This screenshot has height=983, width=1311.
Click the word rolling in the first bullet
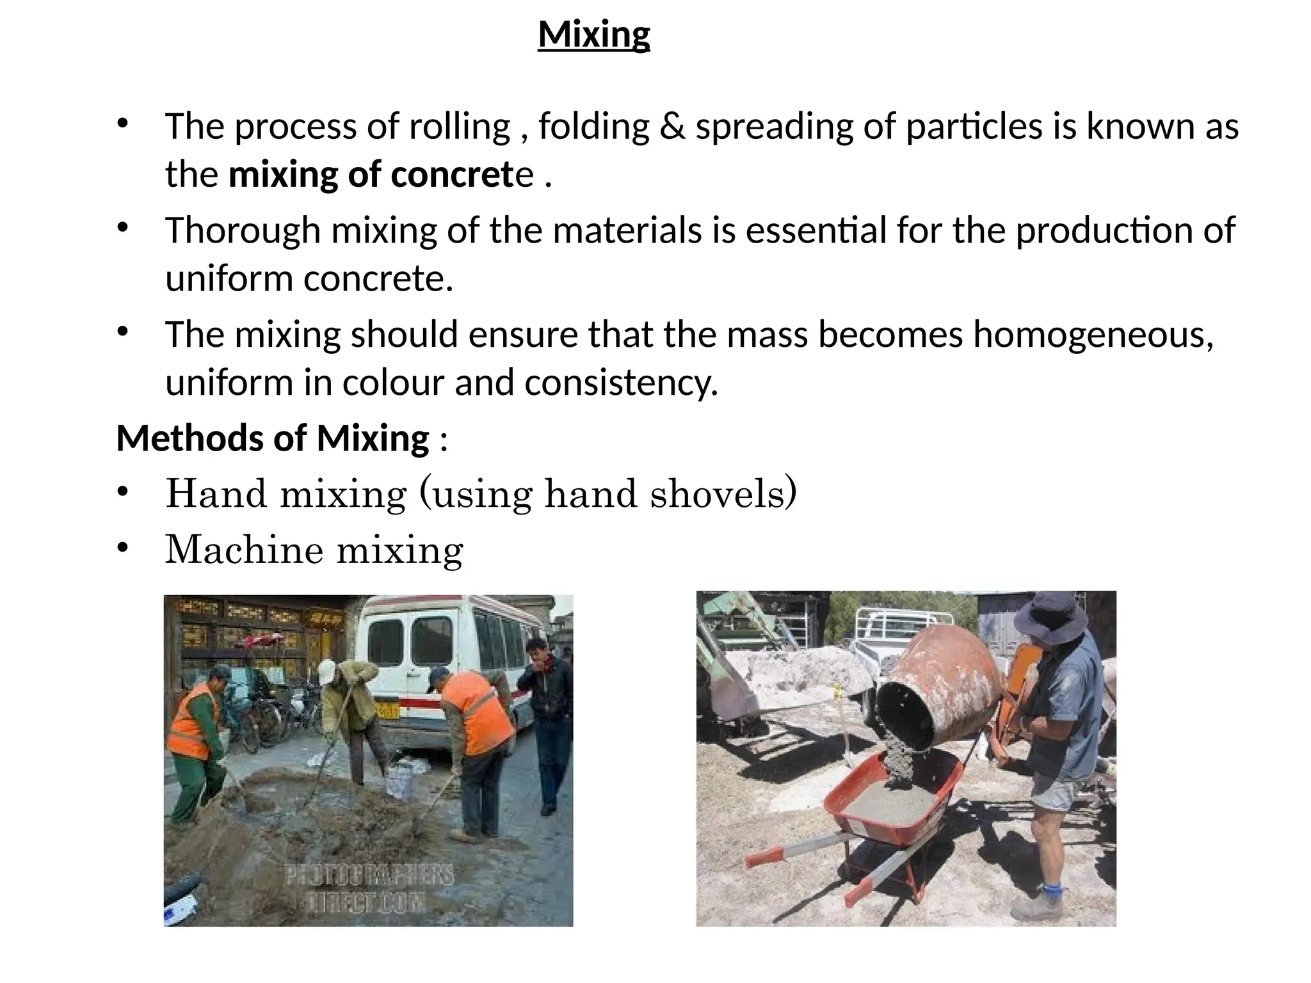pos(459,126)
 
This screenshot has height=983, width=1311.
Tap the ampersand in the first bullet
pos(672,126)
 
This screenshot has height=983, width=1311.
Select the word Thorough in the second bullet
pos(243,230)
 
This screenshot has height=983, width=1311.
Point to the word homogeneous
pos(1092,335)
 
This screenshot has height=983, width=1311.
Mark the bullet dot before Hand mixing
pos(123,492)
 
